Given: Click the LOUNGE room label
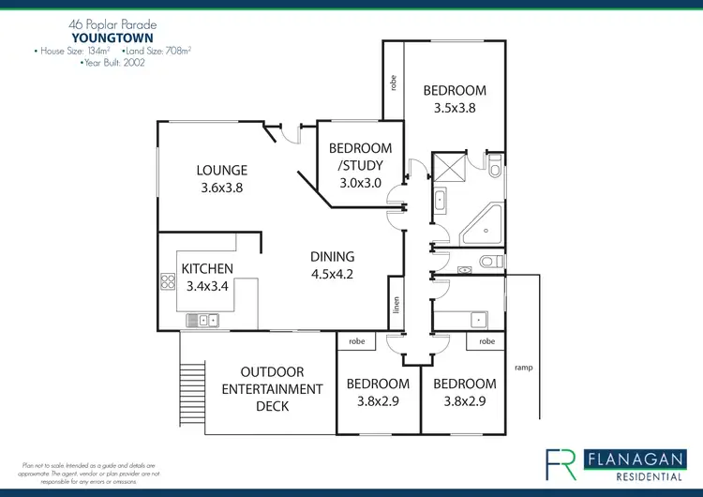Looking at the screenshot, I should coord(221,171).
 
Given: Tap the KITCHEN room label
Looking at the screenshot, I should coord(207,269).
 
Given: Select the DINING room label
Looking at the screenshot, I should coord(333,256).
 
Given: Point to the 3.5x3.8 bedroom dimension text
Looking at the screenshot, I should coord(455,108).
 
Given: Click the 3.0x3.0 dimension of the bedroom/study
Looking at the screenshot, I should coord(360,183).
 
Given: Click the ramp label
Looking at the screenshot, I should coord(524,367).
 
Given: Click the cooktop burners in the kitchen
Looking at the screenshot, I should coord(171,281).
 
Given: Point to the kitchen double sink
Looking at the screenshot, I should coord(202,322).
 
